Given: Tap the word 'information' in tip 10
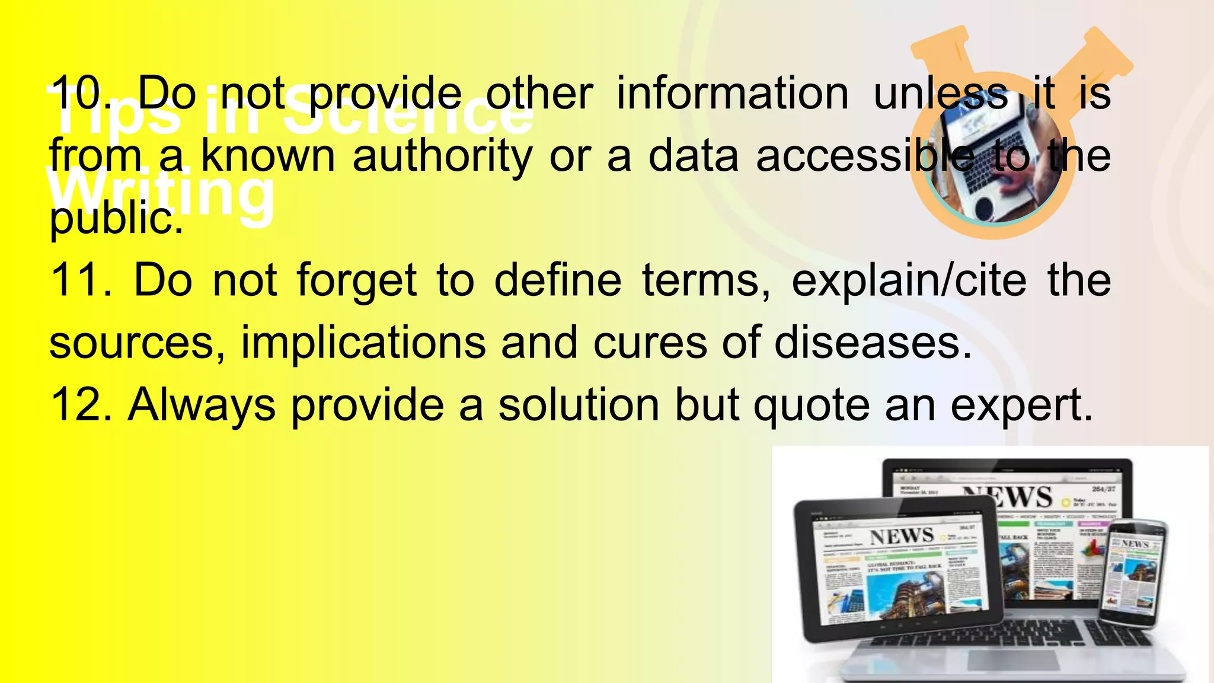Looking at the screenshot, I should pos(733,93).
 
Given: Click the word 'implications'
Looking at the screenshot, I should pos(363,343).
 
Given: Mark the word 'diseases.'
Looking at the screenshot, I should pos(873,343).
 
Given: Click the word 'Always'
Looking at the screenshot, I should pos(202,406).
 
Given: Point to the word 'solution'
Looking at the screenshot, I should pos(579,405).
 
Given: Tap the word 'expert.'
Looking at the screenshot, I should pos(1022,406).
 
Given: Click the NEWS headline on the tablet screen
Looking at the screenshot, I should pos(902,537).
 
